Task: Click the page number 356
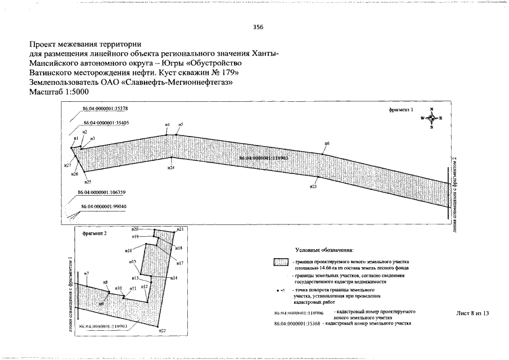pos(258,27)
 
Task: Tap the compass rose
pos(431,118)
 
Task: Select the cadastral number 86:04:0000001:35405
pos(106,123)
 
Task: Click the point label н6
pos(327,145)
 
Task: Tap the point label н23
pos(313,186)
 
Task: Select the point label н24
pos(170,168)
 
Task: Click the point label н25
pos(88,182)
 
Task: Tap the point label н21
pos(180,229)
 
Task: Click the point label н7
pos(86,274)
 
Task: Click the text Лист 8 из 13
pos(472,313)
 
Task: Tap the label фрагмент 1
pos(400,111)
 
